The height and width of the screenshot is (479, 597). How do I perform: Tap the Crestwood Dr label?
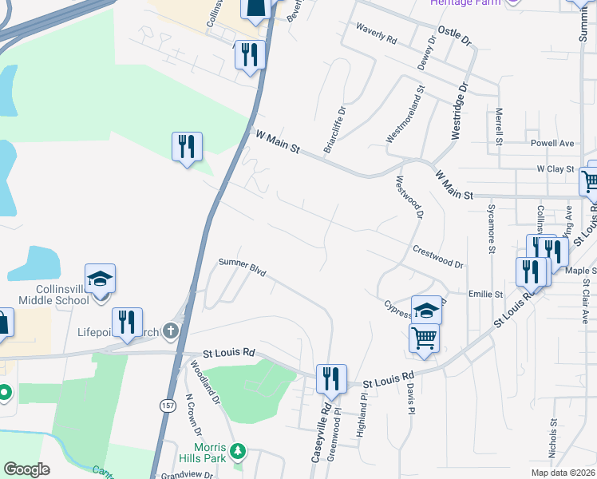coord(438,256)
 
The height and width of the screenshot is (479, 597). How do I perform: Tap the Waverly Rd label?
coord(378,35)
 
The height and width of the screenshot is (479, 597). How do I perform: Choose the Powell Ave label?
coord(552,144)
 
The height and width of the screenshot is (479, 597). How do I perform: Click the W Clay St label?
coord(555,169)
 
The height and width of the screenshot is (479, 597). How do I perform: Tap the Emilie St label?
coord(485,294)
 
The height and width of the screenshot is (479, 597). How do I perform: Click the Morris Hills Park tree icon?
coord(237,453)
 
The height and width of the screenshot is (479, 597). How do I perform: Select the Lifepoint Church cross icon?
coord(170,331)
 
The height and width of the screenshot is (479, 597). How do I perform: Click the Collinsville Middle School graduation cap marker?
coord(101,279)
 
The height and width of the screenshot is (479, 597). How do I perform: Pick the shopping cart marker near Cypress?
coord(424,337)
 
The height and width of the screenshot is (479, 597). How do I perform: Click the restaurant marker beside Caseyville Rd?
coord(331,378)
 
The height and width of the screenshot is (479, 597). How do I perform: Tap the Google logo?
coord(26,469)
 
